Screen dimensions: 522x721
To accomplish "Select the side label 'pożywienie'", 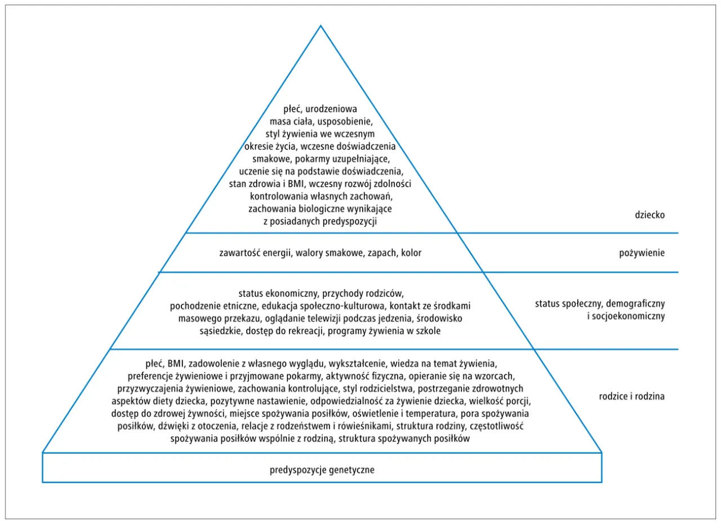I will pyautogui.click(x=642, y=253).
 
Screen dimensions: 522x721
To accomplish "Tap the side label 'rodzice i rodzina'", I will pyautogui.click(x=631, y=396).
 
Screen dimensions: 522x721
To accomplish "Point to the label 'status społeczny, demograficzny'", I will pyautogui.click(x=600, y=304).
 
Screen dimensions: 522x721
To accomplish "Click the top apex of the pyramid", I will pyautogui.click(x=321, y=25).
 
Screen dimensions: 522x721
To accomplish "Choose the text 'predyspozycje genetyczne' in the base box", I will pyautogui.click(x=322, y=469).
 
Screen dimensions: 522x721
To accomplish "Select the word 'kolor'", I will pyautogui.click(x=411, y=253).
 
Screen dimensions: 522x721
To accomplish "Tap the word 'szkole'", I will pyautogui.click(x=428, y=331).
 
